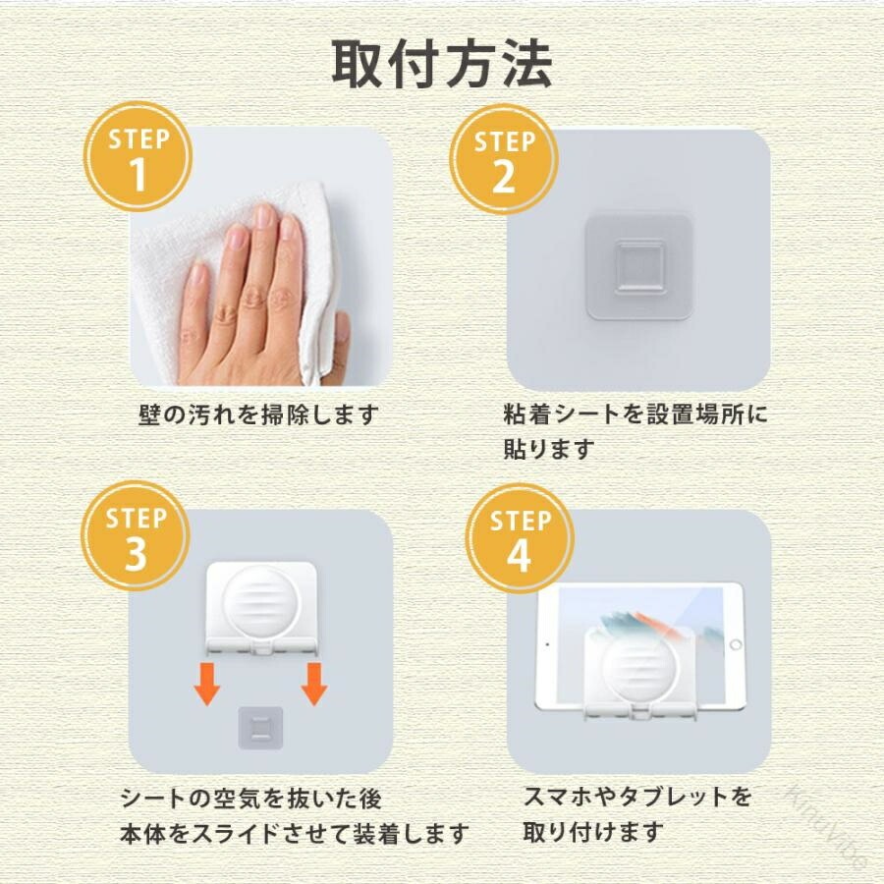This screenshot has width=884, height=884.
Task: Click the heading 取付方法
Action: point(441,64)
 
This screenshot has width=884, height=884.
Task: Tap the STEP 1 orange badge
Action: point(138,156)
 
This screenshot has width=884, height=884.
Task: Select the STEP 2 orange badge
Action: point(504,159)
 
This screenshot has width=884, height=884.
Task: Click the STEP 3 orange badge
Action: point(136,535)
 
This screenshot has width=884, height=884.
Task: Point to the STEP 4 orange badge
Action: point(520,538)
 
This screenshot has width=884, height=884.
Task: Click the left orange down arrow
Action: point(207,684)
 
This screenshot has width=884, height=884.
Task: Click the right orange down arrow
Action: point(314,684)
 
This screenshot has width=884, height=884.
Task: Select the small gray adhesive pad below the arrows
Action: point(260,728)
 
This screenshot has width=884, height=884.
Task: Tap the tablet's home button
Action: point(735,644)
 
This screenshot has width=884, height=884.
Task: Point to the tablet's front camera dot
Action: point(547,644)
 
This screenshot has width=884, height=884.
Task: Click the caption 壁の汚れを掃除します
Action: point(257,414)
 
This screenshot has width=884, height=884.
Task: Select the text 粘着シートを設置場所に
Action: point(635,414)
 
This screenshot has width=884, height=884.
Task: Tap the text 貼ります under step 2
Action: point(548,449)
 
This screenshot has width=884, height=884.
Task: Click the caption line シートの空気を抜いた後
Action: point(251,799)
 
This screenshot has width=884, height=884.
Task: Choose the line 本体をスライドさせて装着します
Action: point(295,834)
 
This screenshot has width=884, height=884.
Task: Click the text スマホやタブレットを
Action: point(637,797)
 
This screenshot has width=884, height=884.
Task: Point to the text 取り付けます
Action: point(593,832)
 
